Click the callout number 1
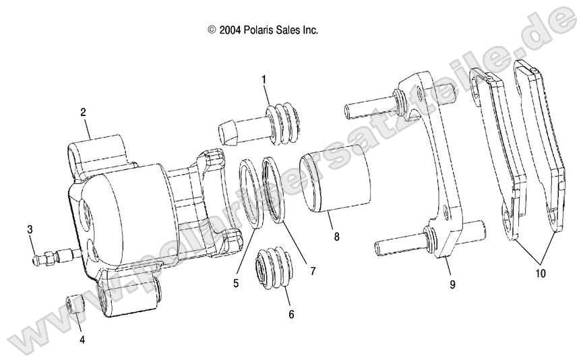(x=264, y=80)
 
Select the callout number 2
(x=83, y=113)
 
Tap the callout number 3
(x=30, y=230)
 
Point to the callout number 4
(x=82, y=340)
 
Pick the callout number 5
(x=236, y=284)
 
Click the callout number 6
(x=291, y=314)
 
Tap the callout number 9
(x=452, y=284)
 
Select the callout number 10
(x=541, y=274)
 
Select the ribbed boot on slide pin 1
(x=283, y=122)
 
